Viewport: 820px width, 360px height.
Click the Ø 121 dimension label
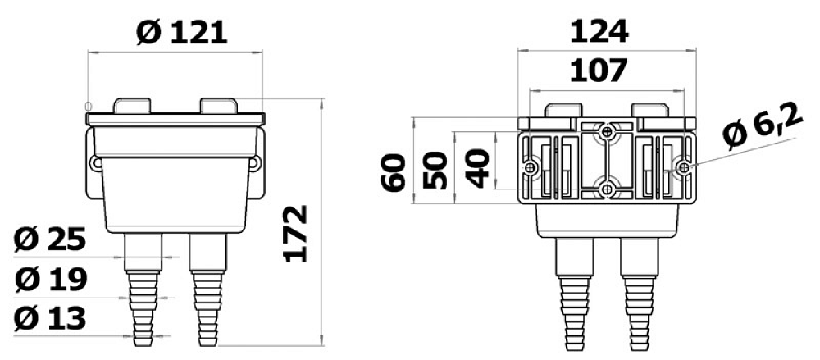pos(181,33)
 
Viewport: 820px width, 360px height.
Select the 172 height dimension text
pos(295,234)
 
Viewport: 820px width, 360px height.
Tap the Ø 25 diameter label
pos(50,240)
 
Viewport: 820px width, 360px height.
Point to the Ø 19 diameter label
pos(50,280)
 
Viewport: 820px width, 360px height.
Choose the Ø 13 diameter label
pos(50,319)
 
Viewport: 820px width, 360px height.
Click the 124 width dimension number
pos(599,32)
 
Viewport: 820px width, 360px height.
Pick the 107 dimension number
pos(599,71)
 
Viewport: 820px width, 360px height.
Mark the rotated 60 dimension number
pos(394,173)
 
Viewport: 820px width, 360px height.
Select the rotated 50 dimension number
pos(435,170)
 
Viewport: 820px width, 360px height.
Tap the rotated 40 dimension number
pos(477,168)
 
